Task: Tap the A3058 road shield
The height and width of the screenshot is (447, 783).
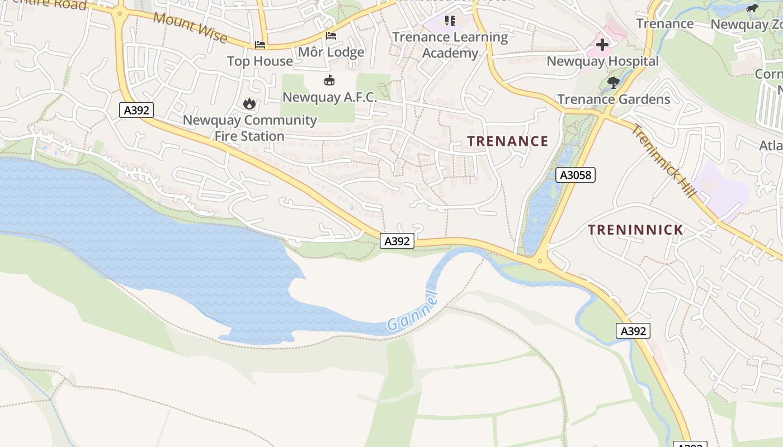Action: click(x=576, y=175)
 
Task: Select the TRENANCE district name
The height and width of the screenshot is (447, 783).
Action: click(x=508, y=141)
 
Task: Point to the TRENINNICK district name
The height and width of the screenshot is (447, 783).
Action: click(x=635, y=230)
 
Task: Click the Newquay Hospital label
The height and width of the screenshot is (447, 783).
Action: click(x=602, y=61)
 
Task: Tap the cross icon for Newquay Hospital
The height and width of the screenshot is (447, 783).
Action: click(x=602, y=45)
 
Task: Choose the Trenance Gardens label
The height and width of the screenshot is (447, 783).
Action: click(x=614, y=99)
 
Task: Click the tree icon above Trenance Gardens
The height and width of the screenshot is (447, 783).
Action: click(x=614, y=83)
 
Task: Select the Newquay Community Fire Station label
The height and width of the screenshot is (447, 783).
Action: click(x=249, y=128)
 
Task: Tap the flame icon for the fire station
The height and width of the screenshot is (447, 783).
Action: click(x=249, y=103)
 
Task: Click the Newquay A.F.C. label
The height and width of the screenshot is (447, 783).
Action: click(x=329, y=97)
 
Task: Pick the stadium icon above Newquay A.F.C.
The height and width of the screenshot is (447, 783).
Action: click(x=329, y=80)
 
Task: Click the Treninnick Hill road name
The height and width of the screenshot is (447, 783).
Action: click(x=664, y=161)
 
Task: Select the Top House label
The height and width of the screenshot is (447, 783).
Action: click(x=260, y=61)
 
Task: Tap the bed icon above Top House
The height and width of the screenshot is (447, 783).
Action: click(x=260, y=44)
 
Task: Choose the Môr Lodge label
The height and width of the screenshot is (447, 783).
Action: click(x=331, y=53)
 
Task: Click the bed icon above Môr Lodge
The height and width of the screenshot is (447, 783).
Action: click(x=331, y=36)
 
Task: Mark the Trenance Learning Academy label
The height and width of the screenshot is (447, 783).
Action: click(x=450, y=45)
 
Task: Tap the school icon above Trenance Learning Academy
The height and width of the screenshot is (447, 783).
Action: click(x=450, y=21)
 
